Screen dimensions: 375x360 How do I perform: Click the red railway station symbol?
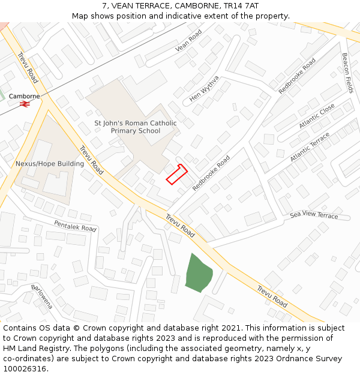click(x=25, y=104)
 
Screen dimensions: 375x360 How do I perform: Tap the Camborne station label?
click(x=25, y=96)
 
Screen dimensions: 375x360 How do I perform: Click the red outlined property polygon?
click(x=176, y=173)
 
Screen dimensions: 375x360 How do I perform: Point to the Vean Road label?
click(x=188, y=42)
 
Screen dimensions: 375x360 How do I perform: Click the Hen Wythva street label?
click(x=205, y=89)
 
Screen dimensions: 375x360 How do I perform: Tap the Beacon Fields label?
click(x=347, y=73)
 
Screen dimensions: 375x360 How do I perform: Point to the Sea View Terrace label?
click(x=314, y=215)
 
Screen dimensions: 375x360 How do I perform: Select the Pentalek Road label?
click(x=75, y=226)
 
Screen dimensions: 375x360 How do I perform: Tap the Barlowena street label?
click(x=42, y=296)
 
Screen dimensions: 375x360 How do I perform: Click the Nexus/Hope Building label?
click(x=49, y=163)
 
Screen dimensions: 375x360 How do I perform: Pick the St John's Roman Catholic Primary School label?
click(x=136, y=127)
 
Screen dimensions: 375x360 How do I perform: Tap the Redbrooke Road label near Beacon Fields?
click(x=297, y=76)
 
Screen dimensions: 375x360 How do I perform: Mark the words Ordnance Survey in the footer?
click(x=312, y=358)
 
